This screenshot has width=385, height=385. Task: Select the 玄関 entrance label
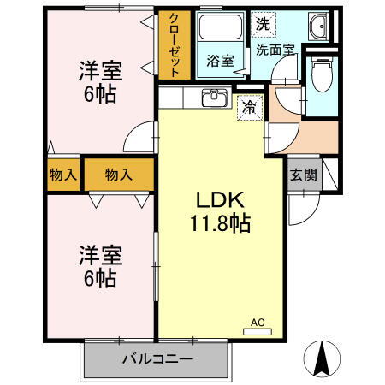tap(302, 175)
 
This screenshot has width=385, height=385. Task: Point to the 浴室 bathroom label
tap(221, 61)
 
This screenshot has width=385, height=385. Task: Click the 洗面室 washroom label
tap(275, 50)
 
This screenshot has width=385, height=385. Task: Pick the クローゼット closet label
tap(175, 45)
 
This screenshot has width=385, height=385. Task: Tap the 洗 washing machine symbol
tap(262, 25)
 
